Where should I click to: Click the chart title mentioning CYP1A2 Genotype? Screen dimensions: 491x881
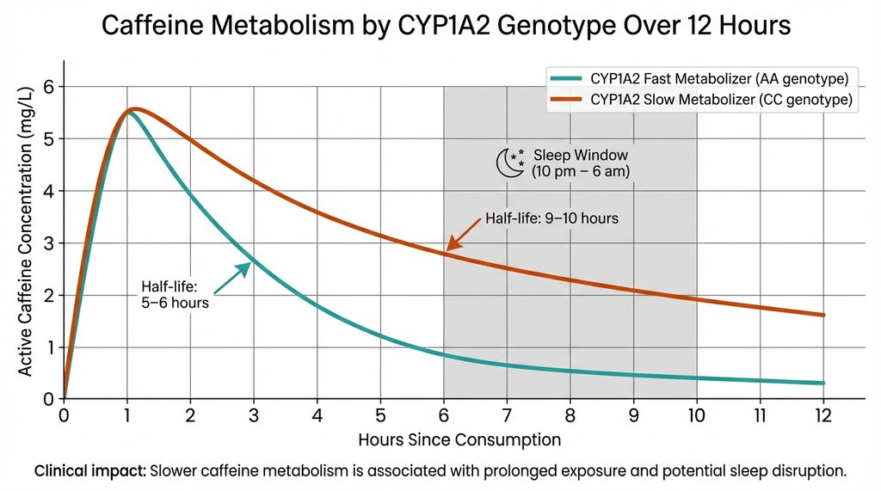[x=446, y=26]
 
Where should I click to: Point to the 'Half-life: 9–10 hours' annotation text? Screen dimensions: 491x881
[x=551, y=218]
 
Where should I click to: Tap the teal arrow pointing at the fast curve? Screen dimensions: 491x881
[x=234, y=276]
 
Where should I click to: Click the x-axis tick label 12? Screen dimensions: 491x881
[x=823, y=415]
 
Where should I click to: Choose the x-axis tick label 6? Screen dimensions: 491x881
[x=444, y=415]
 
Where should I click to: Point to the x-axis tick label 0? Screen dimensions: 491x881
[x=64, y=415]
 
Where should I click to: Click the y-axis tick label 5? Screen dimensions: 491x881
[x=48, y=139]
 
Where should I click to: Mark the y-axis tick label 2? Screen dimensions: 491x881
[x=48, y=296]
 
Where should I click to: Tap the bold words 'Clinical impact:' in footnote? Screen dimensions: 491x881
[x=89, y=471]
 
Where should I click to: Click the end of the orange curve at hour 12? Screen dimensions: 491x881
[x=823, y=315]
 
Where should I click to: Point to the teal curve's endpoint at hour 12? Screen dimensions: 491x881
[x=823, y=383]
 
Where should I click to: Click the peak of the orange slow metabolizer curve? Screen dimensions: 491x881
[x=135, y=108]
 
